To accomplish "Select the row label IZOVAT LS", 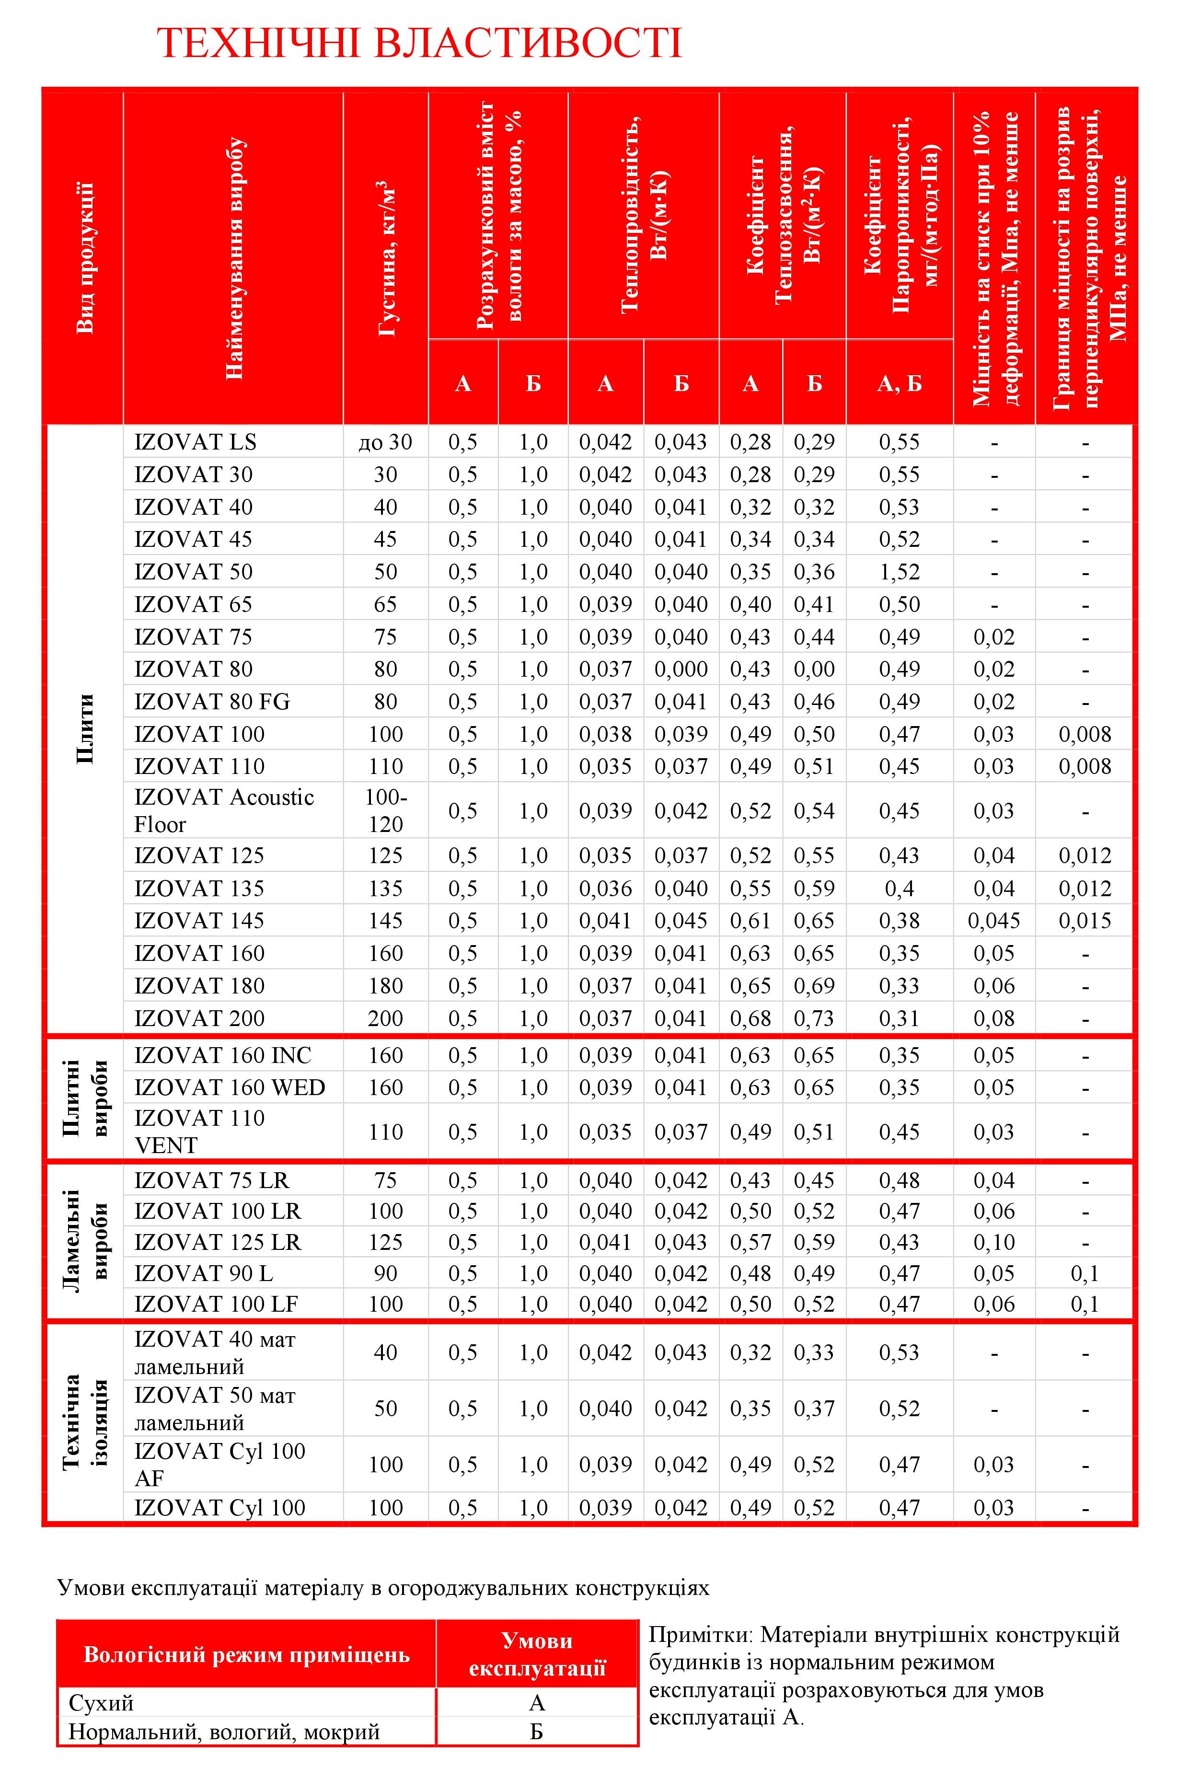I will tap(196, 442).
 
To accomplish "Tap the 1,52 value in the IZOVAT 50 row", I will tap(900, 572).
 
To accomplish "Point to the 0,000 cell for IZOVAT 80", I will tap(681, 669).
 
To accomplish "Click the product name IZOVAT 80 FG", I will tap(212, 702).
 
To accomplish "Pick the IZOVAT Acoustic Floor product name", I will tap(224, 811).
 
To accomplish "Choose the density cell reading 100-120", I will tap(385, 811).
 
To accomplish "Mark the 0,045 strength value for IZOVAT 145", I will tap(993, 921).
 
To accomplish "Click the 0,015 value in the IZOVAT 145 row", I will tap(1085, 921).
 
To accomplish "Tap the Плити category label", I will tap(85, 728).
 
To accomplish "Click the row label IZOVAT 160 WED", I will tap(230, 1087).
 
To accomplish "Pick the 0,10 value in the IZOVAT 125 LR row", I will tap(993, 1242).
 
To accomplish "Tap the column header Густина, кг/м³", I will tap(386, 258).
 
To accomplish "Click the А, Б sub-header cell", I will tap(900, 384).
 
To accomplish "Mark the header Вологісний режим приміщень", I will tap(246, 1654).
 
